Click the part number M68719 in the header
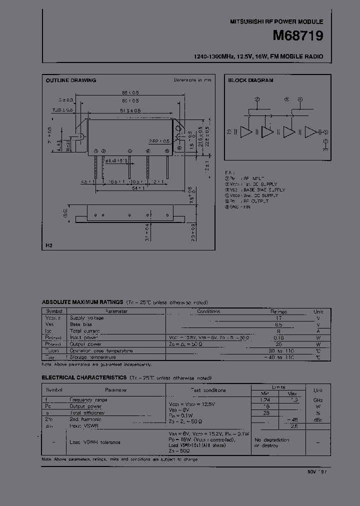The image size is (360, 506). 298,36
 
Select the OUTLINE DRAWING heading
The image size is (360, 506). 71,80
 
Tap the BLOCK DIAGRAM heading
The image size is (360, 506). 250,80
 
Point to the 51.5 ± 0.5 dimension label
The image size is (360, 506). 130,110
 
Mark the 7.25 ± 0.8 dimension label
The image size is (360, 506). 62,109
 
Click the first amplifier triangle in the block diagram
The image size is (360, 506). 245,132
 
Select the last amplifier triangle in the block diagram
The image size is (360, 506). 311,132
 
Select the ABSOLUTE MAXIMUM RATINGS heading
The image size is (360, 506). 82,302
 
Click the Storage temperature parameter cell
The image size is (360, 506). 93,357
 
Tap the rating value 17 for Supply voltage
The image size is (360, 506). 279,318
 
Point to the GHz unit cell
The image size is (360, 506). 318,400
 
